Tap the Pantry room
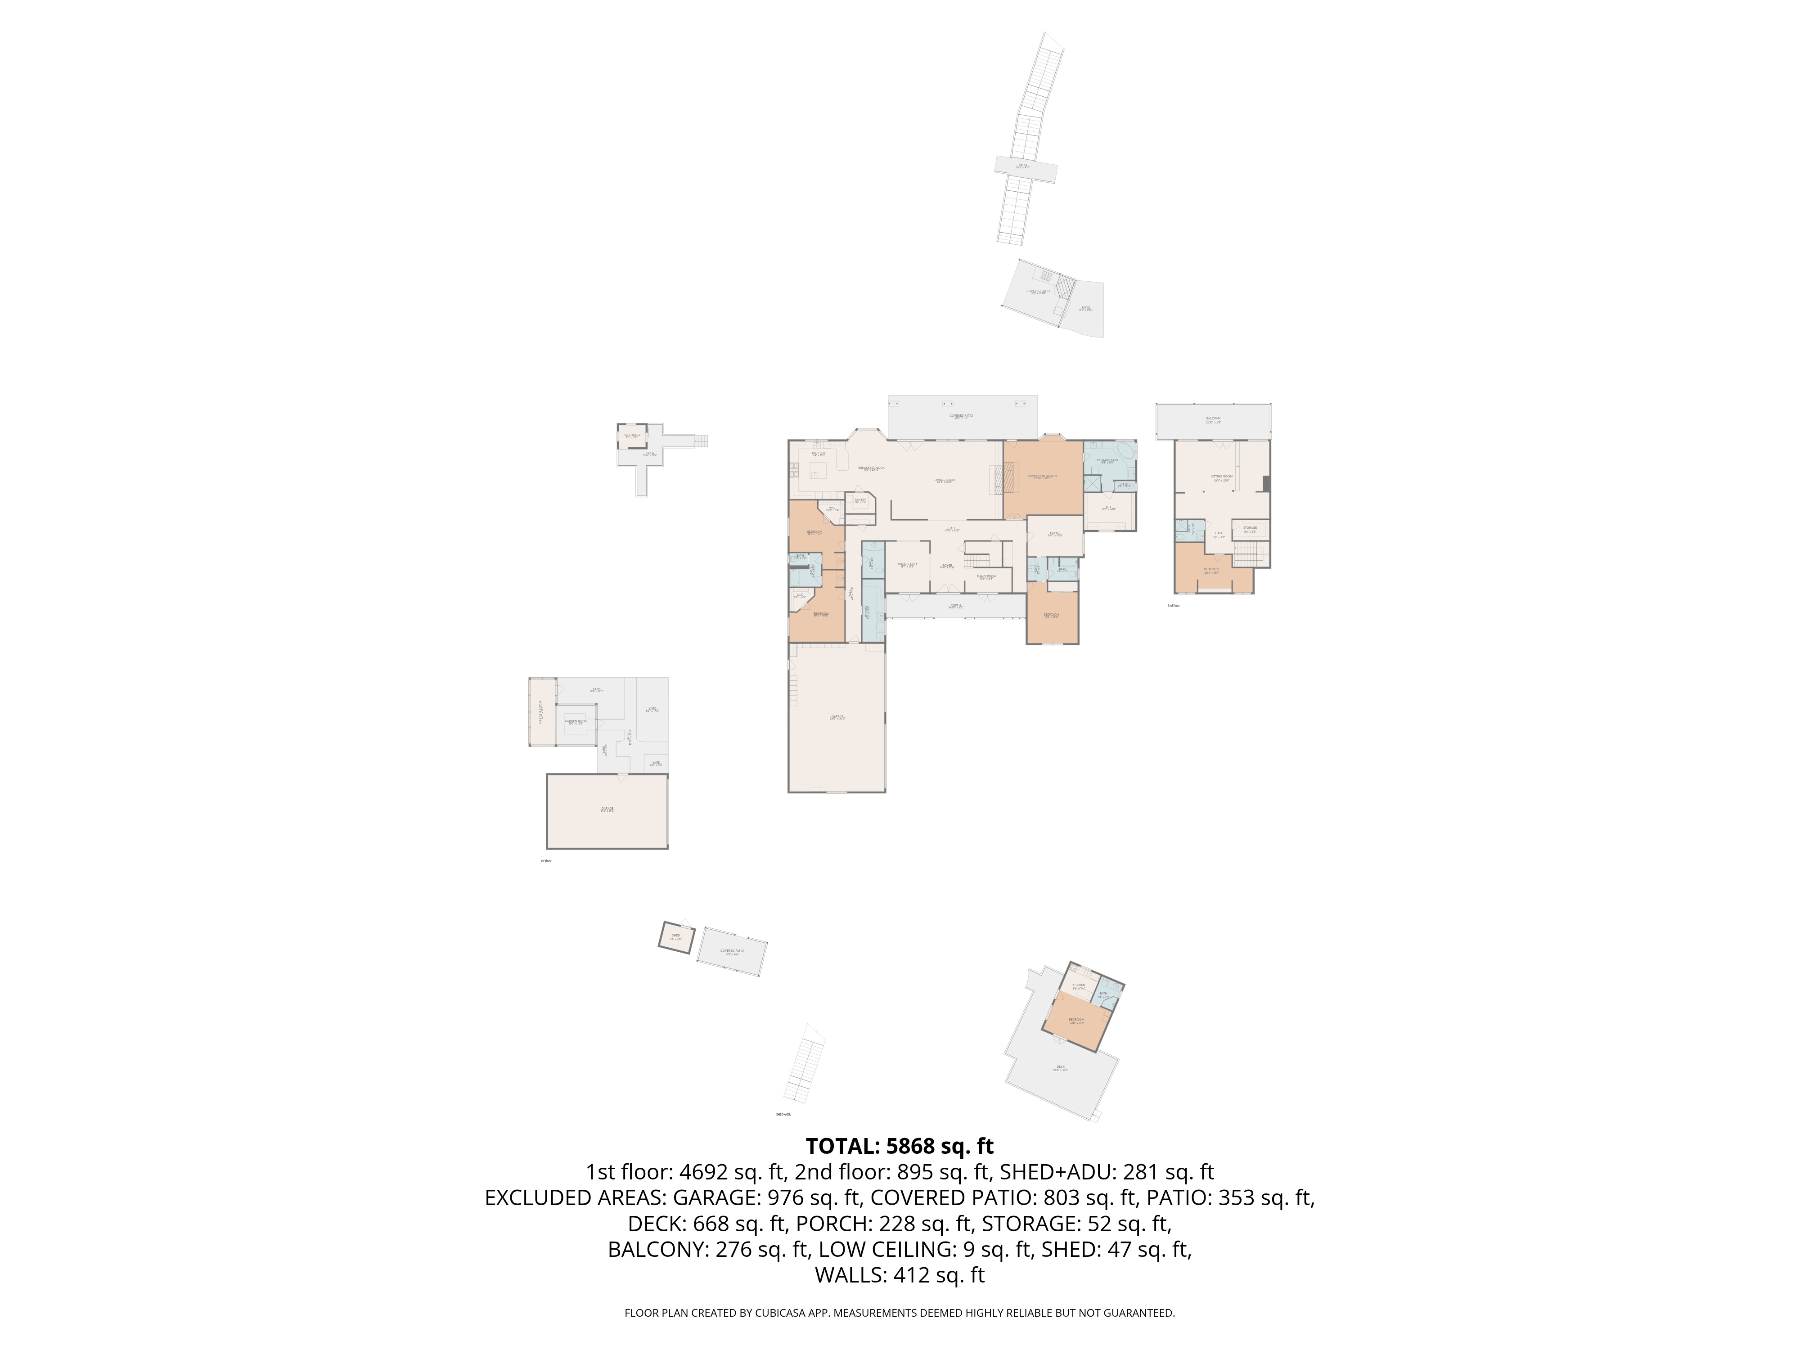860,502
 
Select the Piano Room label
986,577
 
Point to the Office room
1055,535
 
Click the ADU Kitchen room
1078,986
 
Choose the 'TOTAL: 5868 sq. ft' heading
899,1147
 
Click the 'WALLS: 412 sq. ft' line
899,1275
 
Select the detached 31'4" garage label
607,810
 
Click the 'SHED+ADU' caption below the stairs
783,1115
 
